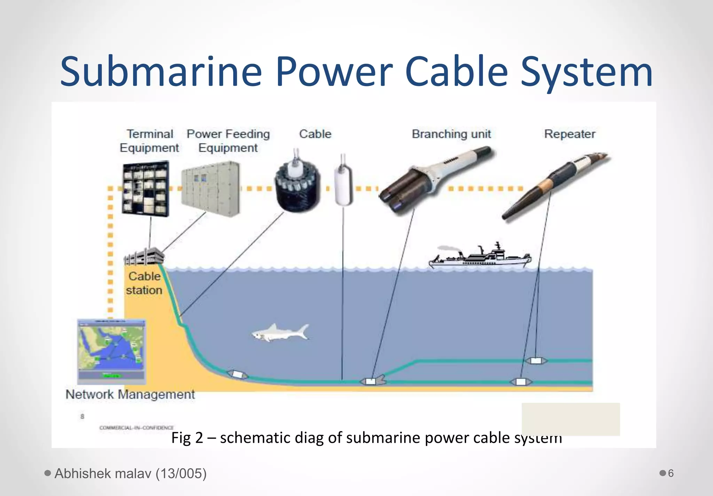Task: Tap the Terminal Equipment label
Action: [149, 141]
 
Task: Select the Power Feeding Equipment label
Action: [228, 141]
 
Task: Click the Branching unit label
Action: [451, 134]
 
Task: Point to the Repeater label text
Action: [570, 134]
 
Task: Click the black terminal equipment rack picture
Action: [146, 188]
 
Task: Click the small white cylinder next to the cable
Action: [343, 184]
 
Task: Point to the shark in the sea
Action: [281, 332]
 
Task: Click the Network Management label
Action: [130, 394]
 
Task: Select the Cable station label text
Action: [144, 283]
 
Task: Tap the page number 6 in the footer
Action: [671, 473]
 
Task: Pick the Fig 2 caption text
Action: [366, 438]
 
